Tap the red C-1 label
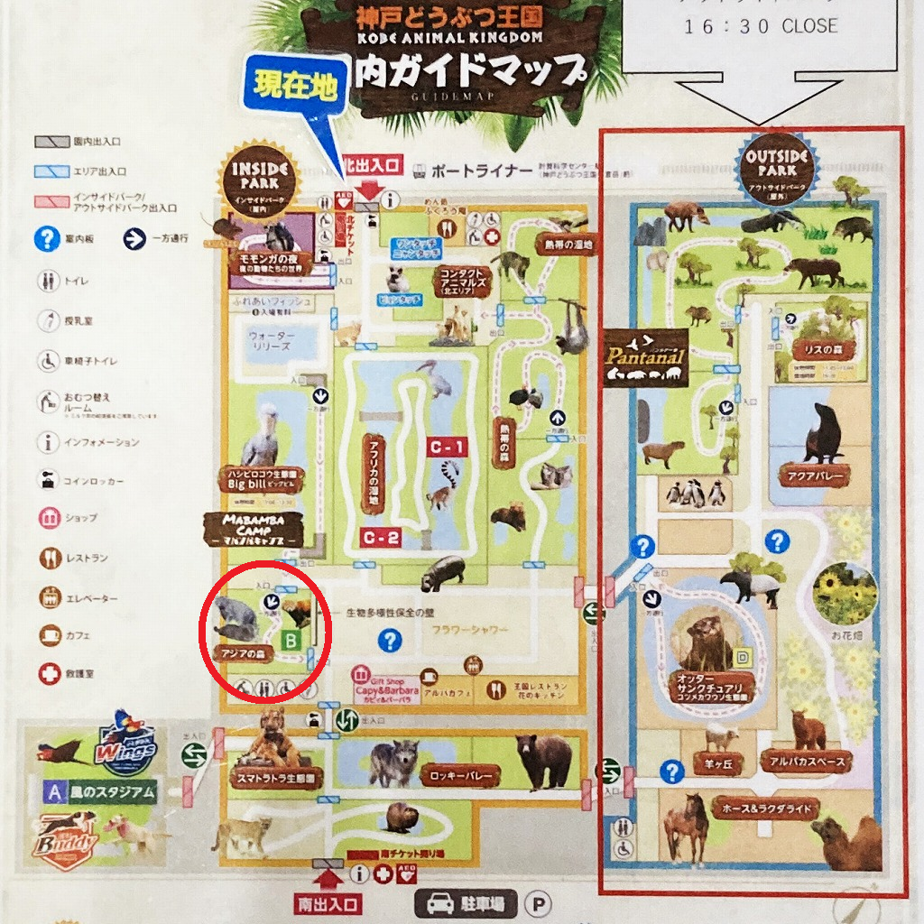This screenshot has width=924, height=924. (x=448, y=447)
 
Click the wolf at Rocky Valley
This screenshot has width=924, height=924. (x=393, y=763)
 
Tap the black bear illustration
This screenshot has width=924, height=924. (x=544, y=759)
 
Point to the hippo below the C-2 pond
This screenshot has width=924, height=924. (x=441, y=572)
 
